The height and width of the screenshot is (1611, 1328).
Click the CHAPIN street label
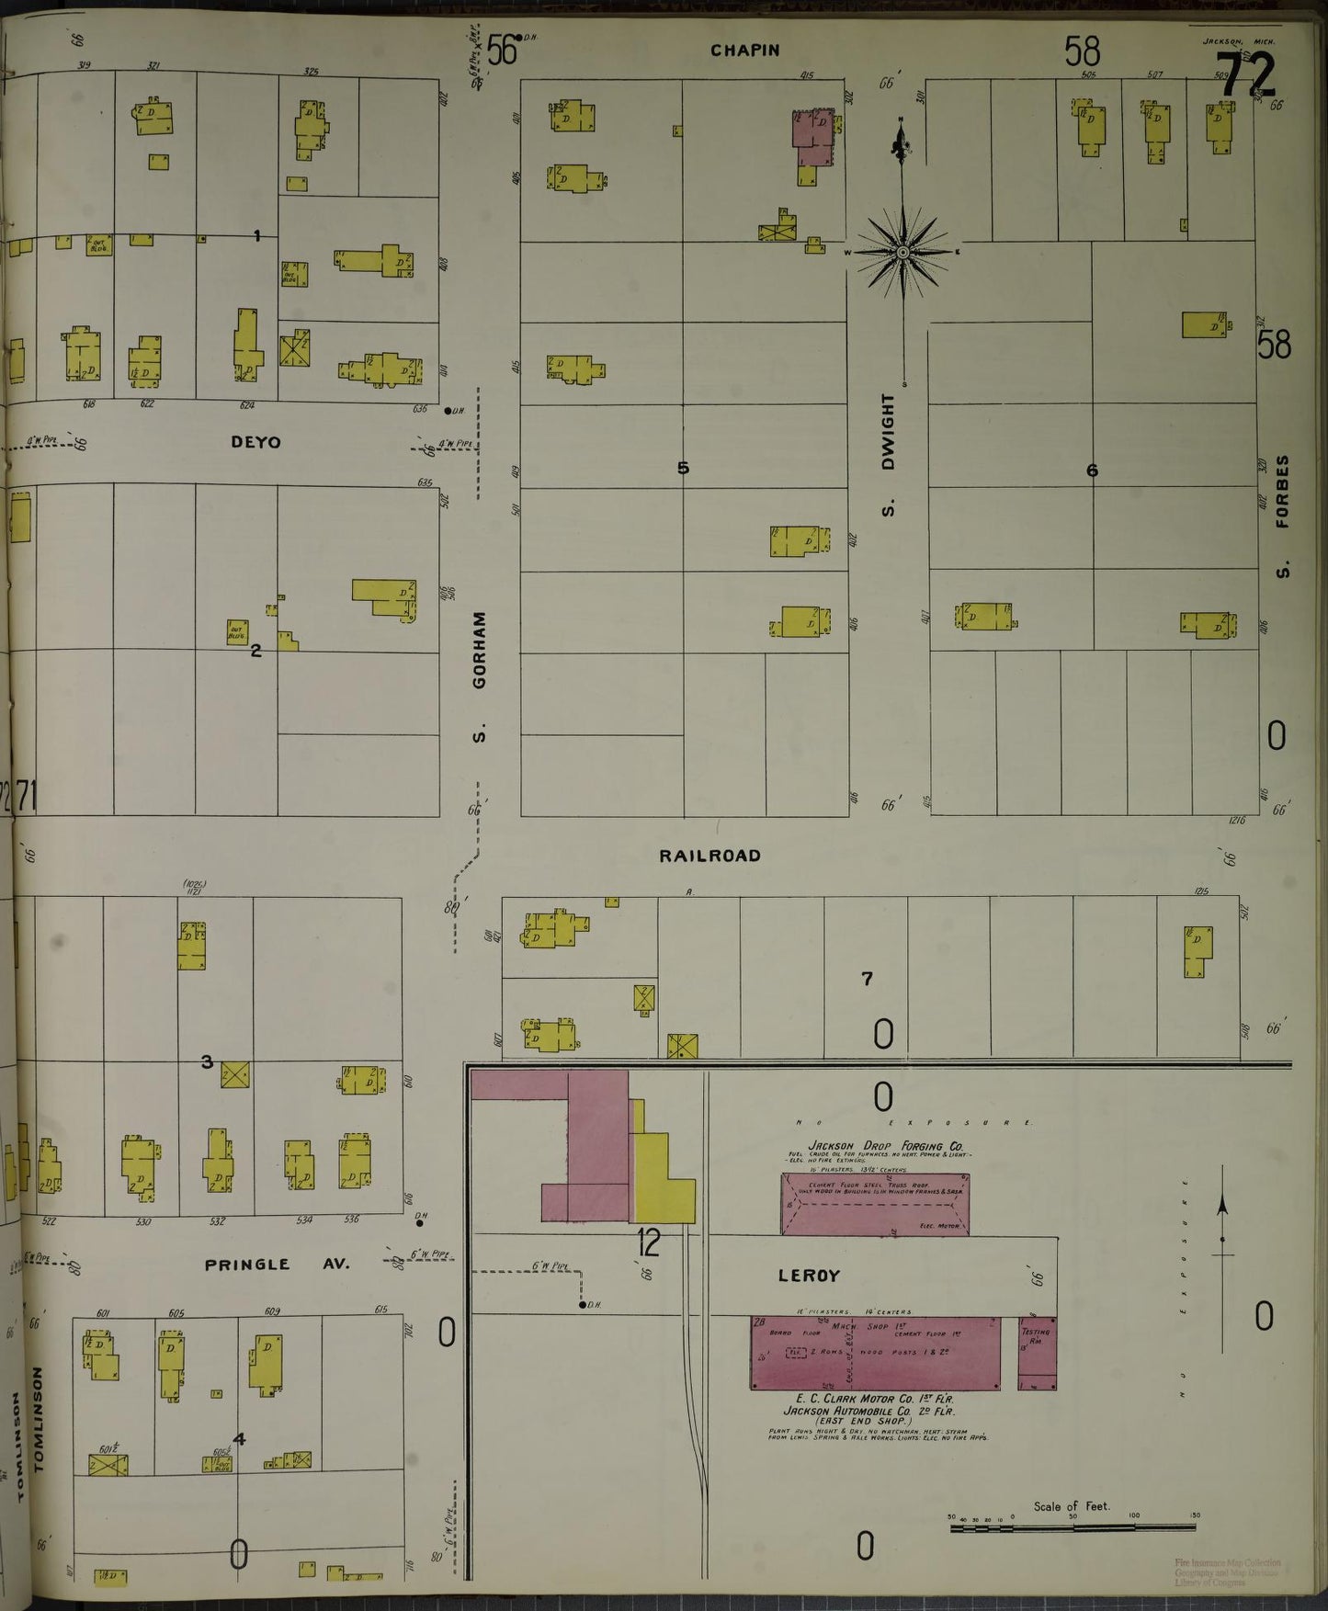(x=744, y=51)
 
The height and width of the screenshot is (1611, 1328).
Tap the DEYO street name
(x=255, y=442)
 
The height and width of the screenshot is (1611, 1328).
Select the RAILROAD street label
(x=709, y=856)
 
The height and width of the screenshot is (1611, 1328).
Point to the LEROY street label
(x=809, y=1276)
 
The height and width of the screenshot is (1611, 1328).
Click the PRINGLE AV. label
(x=277, y=1265)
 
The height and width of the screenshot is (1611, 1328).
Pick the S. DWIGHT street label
(x=888, y=455)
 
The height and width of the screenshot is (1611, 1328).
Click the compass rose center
(x=903, y=252)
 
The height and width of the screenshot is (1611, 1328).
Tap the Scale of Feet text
(x=1071, y=1506)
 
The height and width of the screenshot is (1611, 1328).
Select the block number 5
(x=683, y=468)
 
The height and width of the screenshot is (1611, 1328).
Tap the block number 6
(x=1092, y=471)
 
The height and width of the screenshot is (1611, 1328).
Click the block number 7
(x=867, y=979)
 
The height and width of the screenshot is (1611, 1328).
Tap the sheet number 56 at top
(x=502, y=51)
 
